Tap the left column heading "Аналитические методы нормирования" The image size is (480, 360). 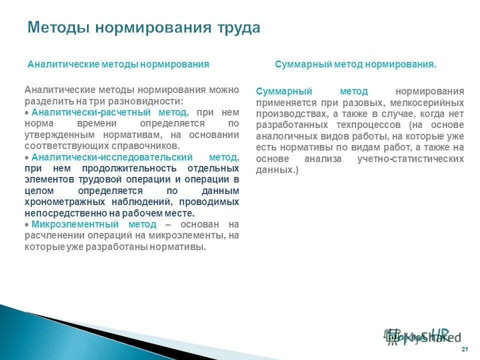tap(118, 64)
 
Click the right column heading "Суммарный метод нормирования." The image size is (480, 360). tap(355, 64)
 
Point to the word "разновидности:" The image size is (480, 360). tap(150, 100)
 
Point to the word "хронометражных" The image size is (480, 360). tap(61, 202)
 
